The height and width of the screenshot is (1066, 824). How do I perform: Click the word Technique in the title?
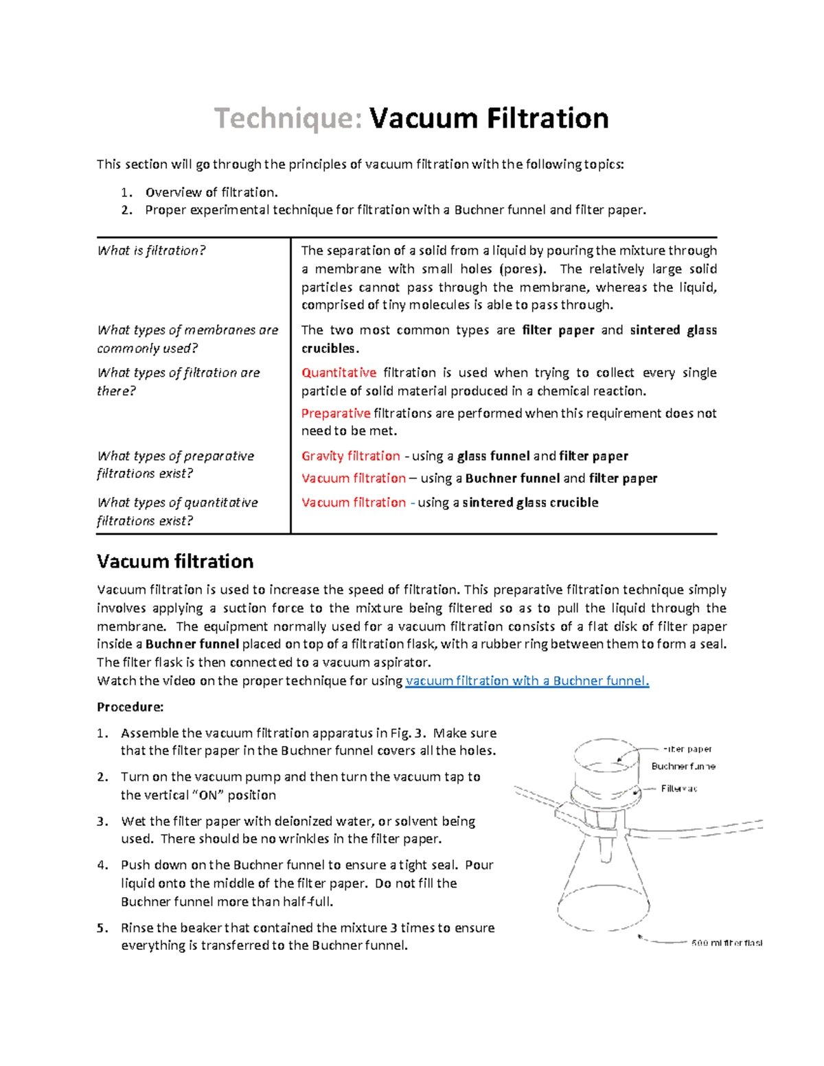288,119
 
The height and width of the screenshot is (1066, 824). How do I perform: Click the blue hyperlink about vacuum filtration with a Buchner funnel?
527,681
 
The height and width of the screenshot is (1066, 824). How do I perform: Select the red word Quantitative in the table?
339,373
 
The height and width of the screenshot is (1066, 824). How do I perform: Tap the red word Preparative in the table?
336,413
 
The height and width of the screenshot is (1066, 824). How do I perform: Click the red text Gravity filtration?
350,456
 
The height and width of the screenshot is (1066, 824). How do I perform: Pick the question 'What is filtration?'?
151,251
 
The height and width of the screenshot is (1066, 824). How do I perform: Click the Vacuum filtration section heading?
175,561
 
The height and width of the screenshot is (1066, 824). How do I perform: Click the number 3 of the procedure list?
102,822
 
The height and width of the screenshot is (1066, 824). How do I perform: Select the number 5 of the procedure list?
102,928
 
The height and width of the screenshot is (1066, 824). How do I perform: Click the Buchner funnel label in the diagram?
683,766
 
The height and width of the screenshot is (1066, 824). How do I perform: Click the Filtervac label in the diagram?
679,789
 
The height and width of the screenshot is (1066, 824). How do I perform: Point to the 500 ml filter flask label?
726,943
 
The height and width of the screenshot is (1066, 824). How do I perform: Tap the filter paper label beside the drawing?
687,749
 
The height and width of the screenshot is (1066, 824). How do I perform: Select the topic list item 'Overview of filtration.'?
211,192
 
